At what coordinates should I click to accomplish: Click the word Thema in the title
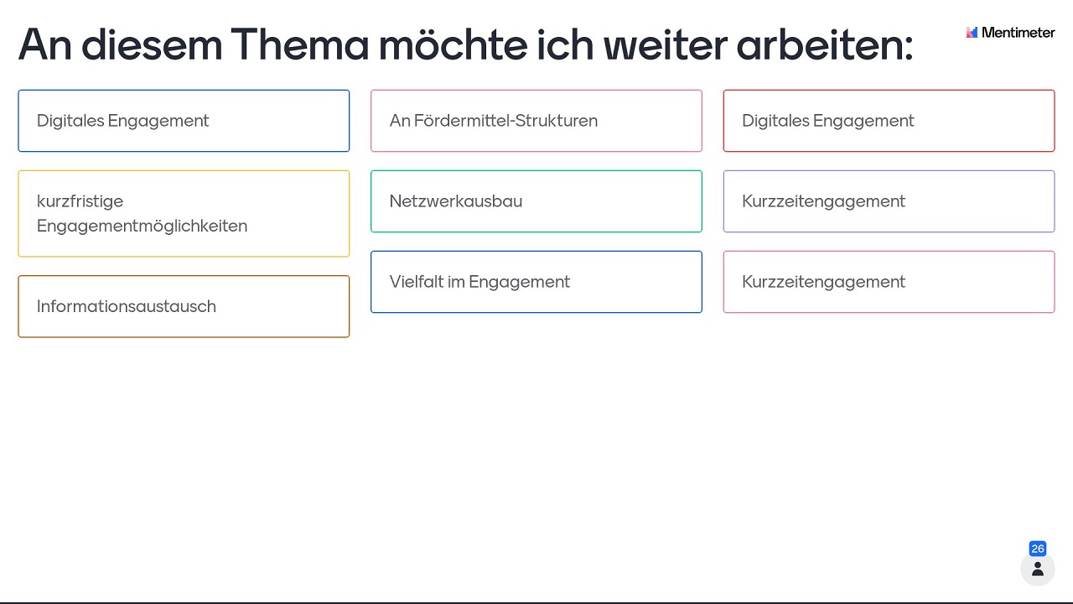pyautogui.click(x=299, y=44)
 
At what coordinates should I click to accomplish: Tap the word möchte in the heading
pyautogui.click(x=453, y=44)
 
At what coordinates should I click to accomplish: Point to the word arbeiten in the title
pyautogui.click(x=824, y=44)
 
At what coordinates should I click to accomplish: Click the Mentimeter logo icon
pyautogui.click(x=972, y=32)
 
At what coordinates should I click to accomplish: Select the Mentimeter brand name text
pyautogui.click(x=1018, y=32)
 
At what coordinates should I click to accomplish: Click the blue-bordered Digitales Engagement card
pyautogui.click(x=184, y=121)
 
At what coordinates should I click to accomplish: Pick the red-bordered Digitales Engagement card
pyautogui.click(x=889, y=121)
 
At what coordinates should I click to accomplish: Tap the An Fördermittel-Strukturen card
pyautogui.click(x=536, y=121)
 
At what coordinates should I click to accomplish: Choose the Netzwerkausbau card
pyautogui.click(x=536, y=201)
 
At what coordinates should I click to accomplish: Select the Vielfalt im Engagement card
pyautogui.click(x=536, y=282)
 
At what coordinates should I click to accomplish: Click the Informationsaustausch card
pyautogui.click(x=184, y=306)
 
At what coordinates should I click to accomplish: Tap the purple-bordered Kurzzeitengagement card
pyautogui.click(x=889, y=201)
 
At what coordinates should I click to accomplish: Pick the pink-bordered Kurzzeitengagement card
pyautogui.click(x=889, y=282)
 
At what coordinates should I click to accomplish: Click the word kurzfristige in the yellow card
pyautogui.click(x=80, y=201)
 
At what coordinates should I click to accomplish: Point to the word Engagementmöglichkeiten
pyautogui.click(x=143, y=226)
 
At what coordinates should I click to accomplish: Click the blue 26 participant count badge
pyautogui.click(x=1038, y=549)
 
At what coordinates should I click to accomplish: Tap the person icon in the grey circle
pyautogui.click(x=1038, y=569)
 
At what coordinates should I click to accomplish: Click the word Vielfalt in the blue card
pyautogui.click(x=416, y=281)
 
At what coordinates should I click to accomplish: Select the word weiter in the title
pyautogui.click(x=666, y=44)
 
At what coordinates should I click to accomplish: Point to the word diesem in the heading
pyautogui.click(x=152, y=44)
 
